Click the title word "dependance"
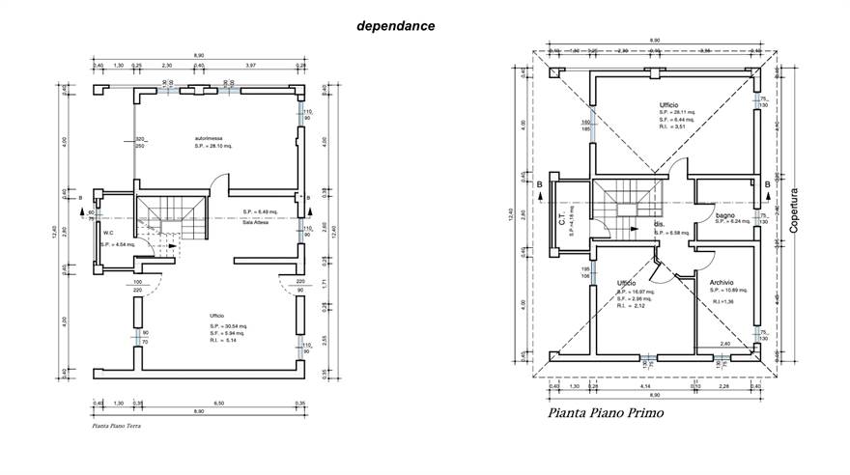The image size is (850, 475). [x=396, y=26]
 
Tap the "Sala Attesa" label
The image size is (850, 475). [x=255, y=220]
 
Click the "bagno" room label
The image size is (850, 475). [x=726, y=213]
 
